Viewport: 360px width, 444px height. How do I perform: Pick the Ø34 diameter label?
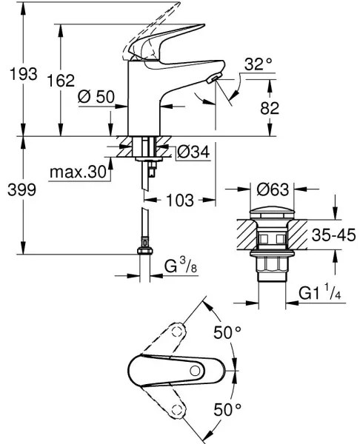point(194,152)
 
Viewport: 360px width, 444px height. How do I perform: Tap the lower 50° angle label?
point(228,408)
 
